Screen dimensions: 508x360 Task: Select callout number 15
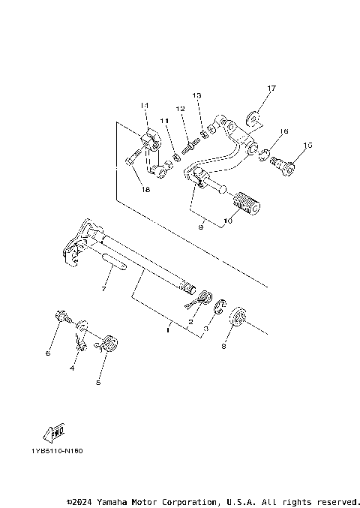[x=307, y=145]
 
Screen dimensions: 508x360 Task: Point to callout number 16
[x=283, y=131]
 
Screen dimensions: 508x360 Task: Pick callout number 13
[x=196, y=96]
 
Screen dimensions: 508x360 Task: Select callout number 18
[x=145, y=191]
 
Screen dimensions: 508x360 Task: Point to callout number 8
[x=223, y=347]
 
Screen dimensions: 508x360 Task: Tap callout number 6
[x=47, y=352]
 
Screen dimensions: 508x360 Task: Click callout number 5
[x=98, y=382]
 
